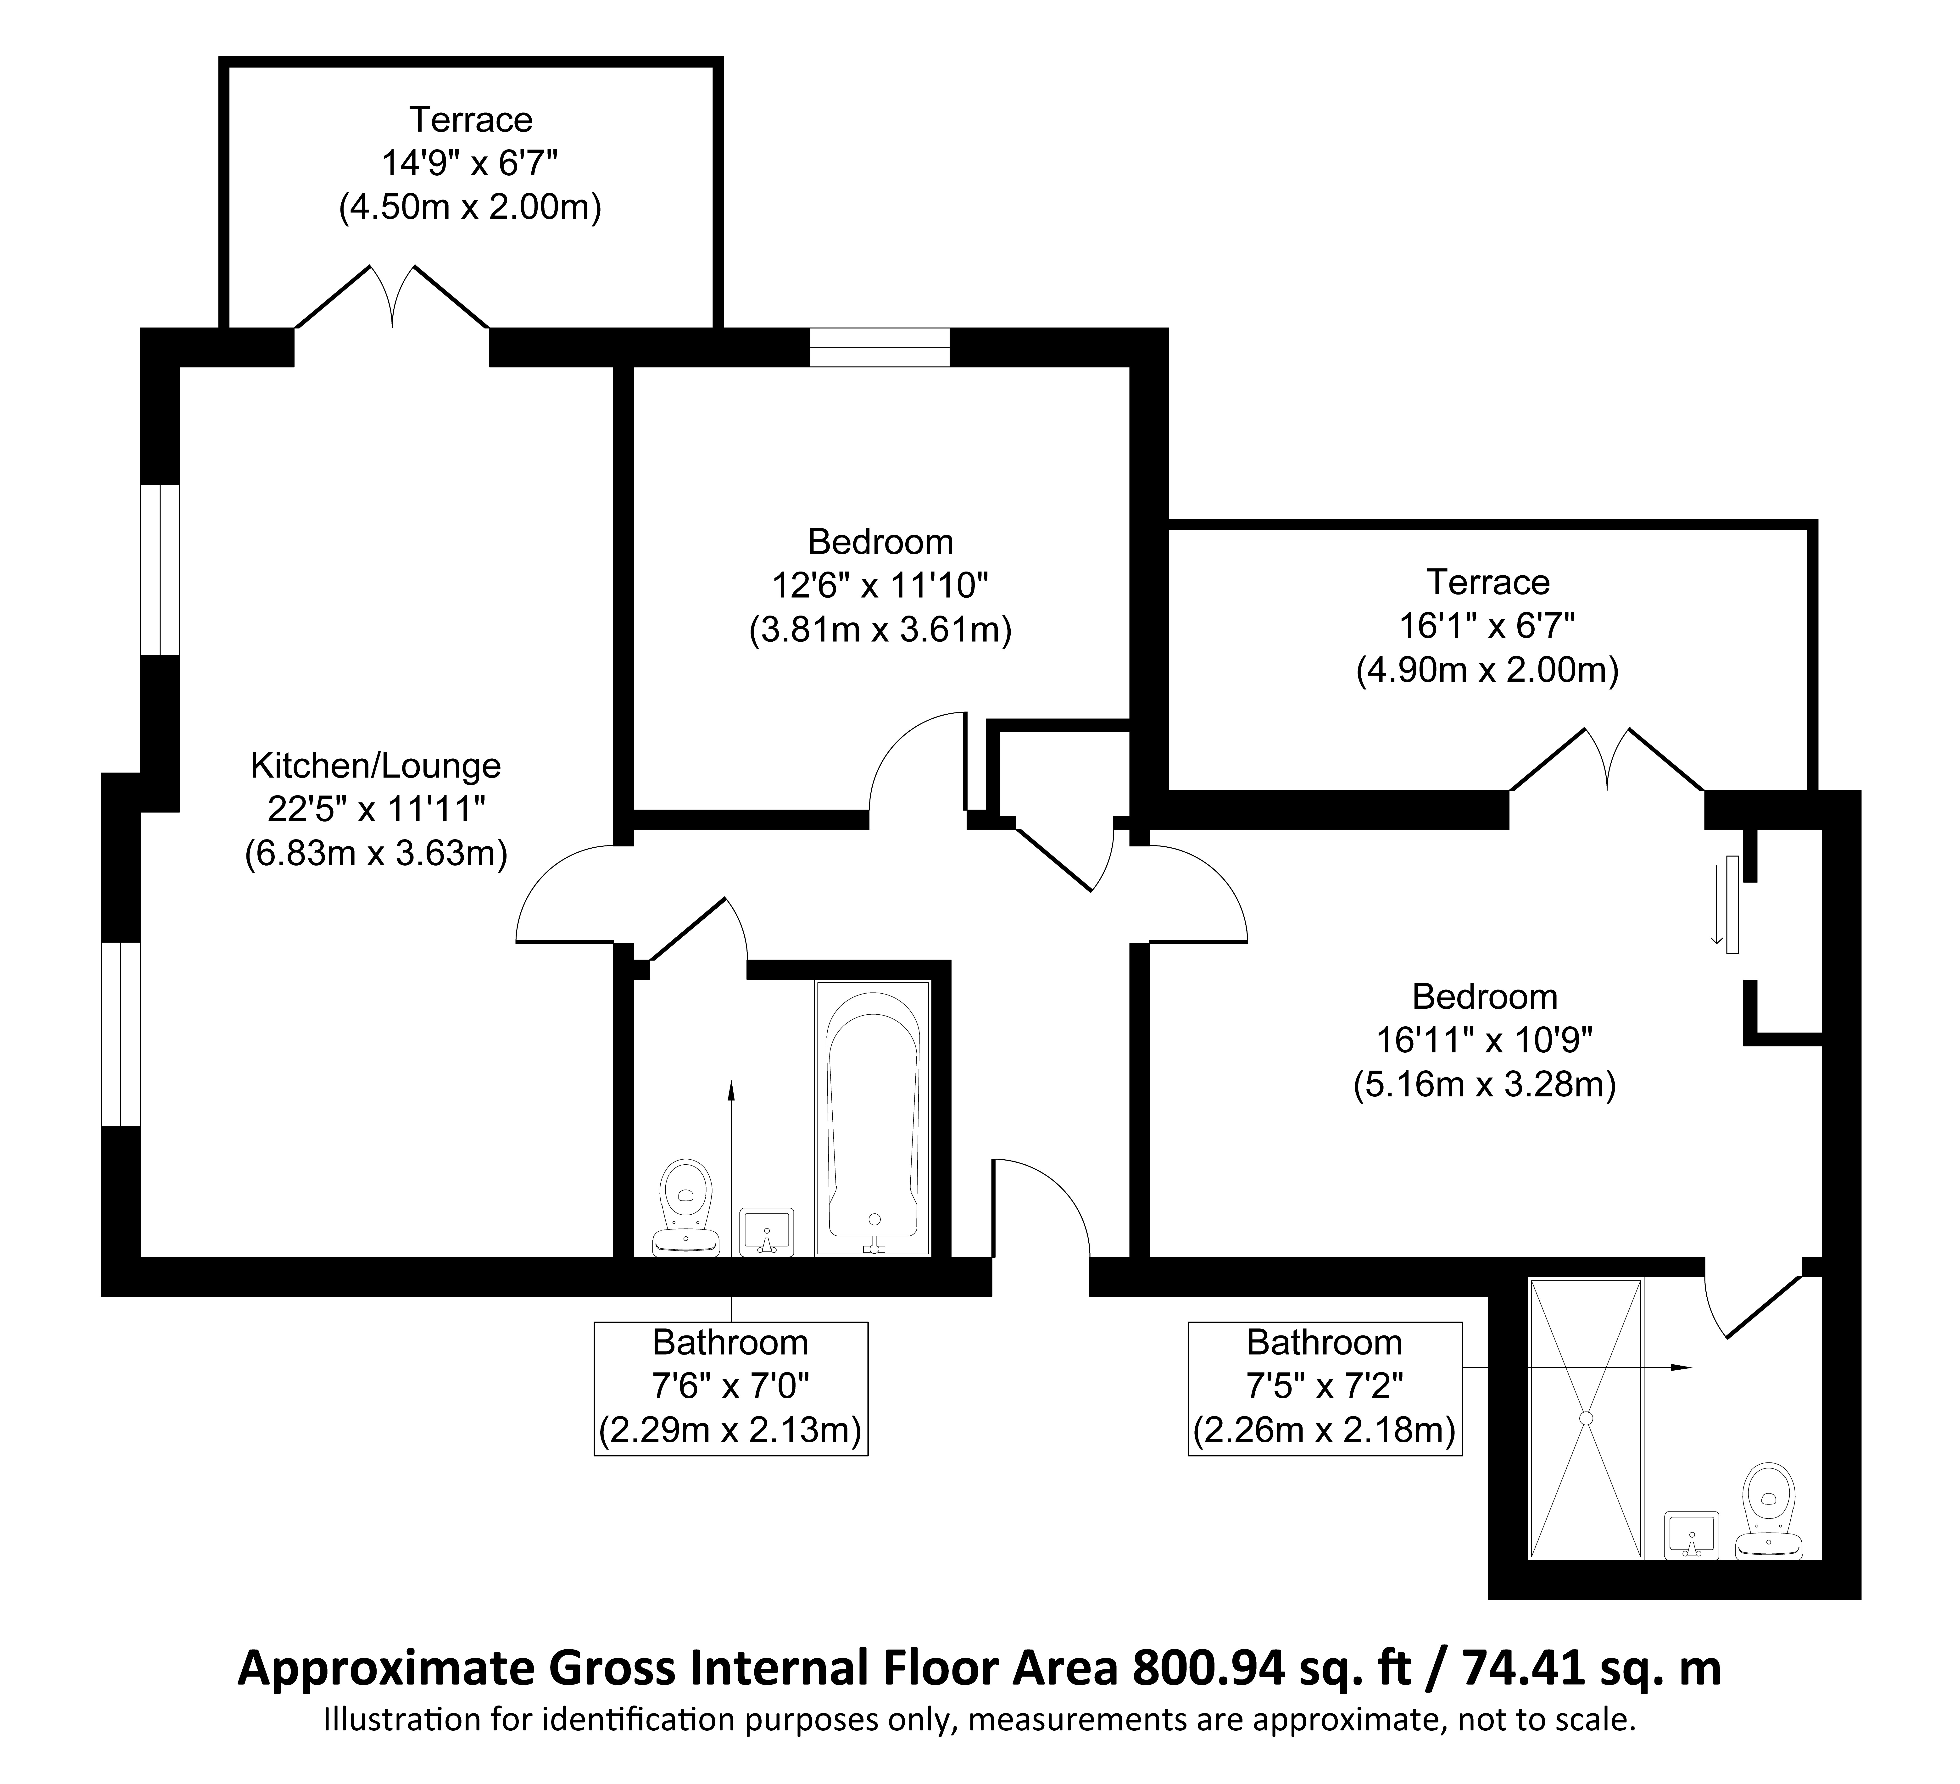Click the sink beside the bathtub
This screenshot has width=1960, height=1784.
767,1232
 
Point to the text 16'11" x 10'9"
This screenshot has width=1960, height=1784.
1485,1041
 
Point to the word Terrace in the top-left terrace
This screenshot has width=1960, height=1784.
471,120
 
